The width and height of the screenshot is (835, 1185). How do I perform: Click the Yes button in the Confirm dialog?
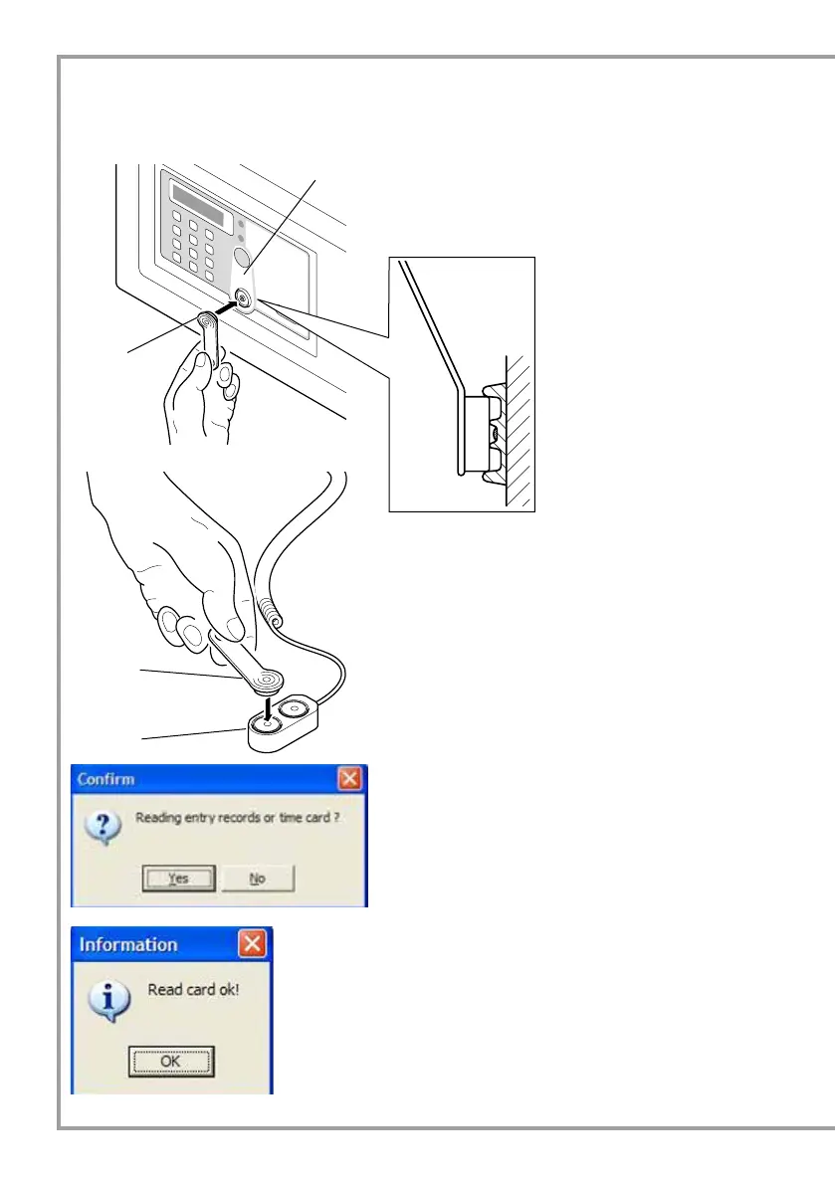point(178,879)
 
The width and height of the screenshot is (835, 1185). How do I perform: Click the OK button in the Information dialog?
point(170,1062)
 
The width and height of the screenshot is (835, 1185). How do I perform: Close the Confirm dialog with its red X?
point(349,778)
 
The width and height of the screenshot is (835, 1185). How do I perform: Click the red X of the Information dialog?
point(254,942)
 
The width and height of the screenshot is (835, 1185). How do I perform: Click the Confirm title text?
point(106,778)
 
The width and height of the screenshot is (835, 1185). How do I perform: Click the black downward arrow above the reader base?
point(268,709)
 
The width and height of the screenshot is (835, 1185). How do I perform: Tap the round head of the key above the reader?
point(267,681)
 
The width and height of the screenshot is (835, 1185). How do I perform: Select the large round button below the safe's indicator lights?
point(244,261)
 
